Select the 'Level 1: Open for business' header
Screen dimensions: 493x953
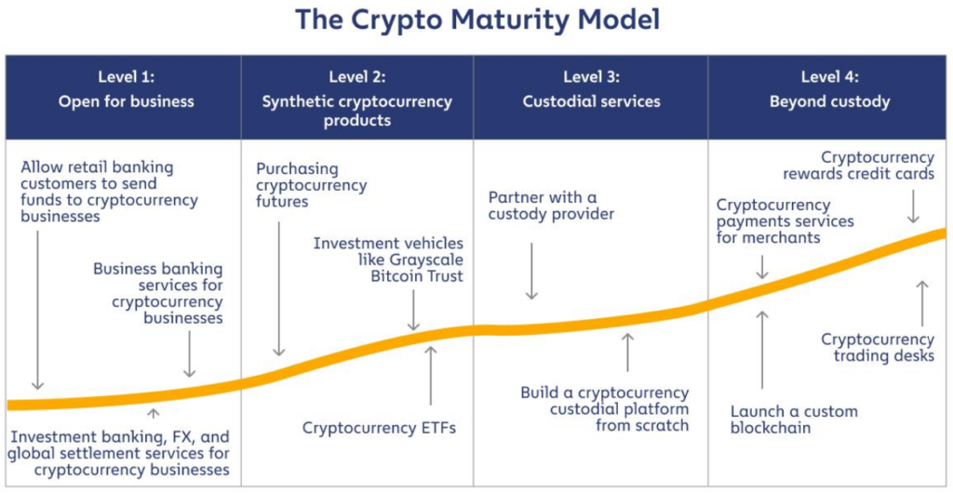coord(127,89)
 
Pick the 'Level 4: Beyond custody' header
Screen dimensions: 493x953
coord(829,89)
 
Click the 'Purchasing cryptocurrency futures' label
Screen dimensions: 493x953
coord(311,185)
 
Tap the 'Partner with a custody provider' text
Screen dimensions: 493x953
coord(552,206)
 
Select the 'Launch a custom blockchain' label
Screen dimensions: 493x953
coord(794,420)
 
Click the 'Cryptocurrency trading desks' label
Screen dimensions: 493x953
coord(878,348)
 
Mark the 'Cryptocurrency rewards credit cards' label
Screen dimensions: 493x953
coord(878,166)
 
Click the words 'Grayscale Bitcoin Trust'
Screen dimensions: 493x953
coord(410,268)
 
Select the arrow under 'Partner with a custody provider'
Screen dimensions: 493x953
coord(531,270)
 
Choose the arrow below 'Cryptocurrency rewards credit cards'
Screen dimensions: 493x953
coord(913,205)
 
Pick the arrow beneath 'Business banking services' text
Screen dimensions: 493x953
coord(190,353)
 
